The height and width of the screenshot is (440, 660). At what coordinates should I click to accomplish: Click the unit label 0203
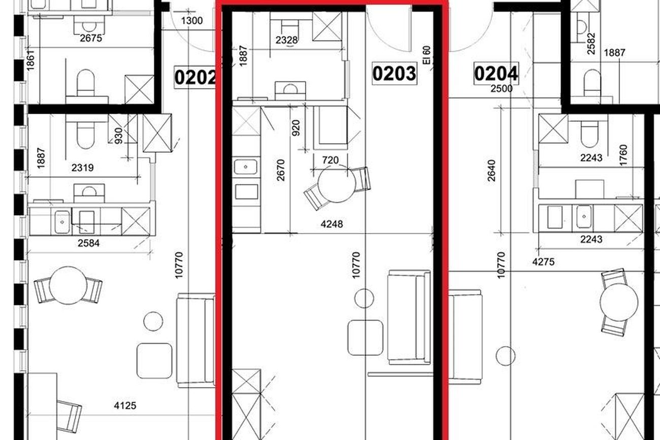(x=394, y=73)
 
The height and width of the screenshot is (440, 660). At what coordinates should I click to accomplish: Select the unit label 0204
(x=496, y=74)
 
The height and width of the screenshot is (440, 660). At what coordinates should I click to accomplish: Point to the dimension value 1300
(x=192, y=21)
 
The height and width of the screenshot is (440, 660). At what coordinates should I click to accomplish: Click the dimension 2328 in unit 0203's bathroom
(x=287, y=40)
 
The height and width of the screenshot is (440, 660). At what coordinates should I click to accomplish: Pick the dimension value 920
(x=295, y=128)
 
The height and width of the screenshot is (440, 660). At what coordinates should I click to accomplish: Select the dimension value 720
(x=331, y=160)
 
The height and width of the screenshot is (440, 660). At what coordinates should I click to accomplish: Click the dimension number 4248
(x=332, y=224)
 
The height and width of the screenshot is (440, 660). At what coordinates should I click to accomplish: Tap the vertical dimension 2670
(x=281, y=170)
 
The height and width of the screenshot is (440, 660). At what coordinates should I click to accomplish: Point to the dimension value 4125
(x=125, y=406)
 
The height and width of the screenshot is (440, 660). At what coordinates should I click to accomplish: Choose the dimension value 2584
(x=89, y=243)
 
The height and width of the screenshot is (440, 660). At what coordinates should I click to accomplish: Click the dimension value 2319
(x=82, y=168)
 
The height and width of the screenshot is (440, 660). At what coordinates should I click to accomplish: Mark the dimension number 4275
(x=543, y=262)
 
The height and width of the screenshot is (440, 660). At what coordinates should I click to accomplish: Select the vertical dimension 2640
(x=491, y=171)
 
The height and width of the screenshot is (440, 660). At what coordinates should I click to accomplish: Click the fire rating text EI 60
(x=426, y=55)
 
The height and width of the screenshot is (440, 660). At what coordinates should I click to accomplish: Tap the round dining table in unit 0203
(x=337, y=184)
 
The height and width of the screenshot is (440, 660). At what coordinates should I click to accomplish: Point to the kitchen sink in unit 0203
(x=246, y=166)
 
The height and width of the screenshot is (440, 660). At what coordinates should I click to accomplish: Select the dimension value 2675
(x=91, y=38)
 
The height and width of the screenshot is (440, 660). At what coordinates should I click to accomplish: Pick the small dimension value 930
(x=118, y=136)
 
